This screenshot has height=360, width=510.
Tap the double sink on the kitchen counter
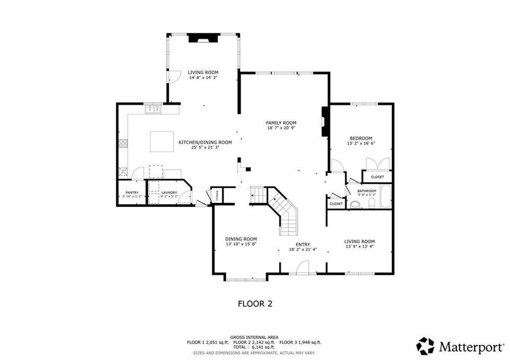[153, 109]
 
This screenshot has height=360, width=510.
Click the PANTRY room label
[132, 193]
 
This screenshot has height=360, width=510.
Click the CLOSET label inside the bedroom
[377, 177]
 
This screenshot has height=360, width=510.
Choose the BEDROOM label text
[360, 138]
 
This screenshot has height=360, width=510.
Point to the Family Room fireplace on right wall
[325, 121]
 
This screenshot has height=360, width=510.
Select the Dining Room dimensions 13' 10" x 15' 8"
[241, 244]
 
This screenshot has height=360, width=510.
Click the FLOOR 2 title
[255, 303]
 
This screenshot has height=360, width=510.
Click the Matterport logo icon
[425, 346]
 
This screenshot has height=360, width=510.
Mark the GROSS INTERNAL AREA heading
[254, 337]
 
